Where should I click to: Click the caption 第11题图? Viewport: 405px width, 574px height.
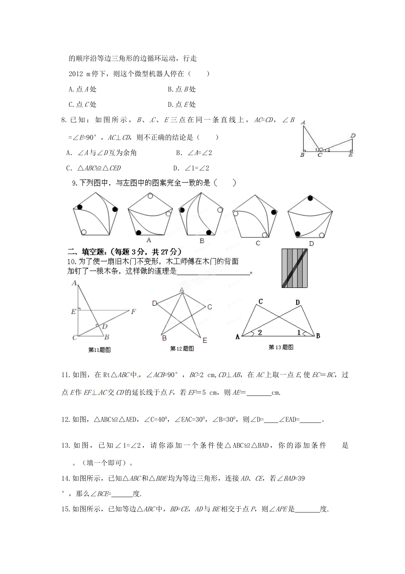pyautogui.click(x=99, y=350)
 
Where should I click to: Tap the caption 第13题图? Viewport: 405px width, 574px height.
pyautogui.click(x=281, y=347)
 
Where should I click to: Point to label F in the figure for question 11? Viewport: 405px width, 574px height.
pyautogui.click(x=133, y=312)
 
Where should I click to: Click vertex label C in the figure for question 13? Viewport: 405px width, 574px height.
pyautogui.click(x=260, y=302)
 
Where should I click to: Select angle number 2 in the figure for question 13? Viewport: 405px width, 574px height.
pyautogui.click(x=260, y=333)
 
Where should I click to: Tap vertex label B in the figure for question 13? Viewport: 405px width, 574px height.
pyautogui.click(x=318, y=336)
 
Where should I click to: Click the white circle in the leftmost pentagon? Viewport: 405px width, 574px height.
pyautogui.click(x=84, y=232)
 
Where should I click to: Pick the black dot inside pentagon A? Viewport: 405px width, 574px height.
pyautogui.click(x=139, y=232)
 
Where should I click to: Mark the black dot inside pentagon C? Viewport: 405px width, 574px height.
pyautogui.click(x=273, y=211)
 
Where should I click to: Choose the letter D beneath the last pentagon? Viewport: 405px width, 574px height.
pyautogui.click(x=311, y=243)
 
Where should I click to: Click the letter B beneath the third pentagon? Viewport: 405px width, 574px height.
pyautogui.click(x=202, y=241)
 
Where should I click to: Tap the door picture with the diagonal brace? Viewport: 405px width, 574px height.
pyautogui.click(x=295, y=268)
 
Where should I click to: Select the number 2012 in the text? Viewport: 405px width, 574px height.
pyautogui.click(x=76, y=74)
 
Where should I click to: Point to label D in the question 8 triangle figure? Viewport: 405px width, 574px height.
pyautogui.click(x=353, y=136)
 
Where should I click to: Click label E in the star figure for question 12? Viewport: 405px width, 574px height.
pyautogui.click(x=205, y=340)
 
